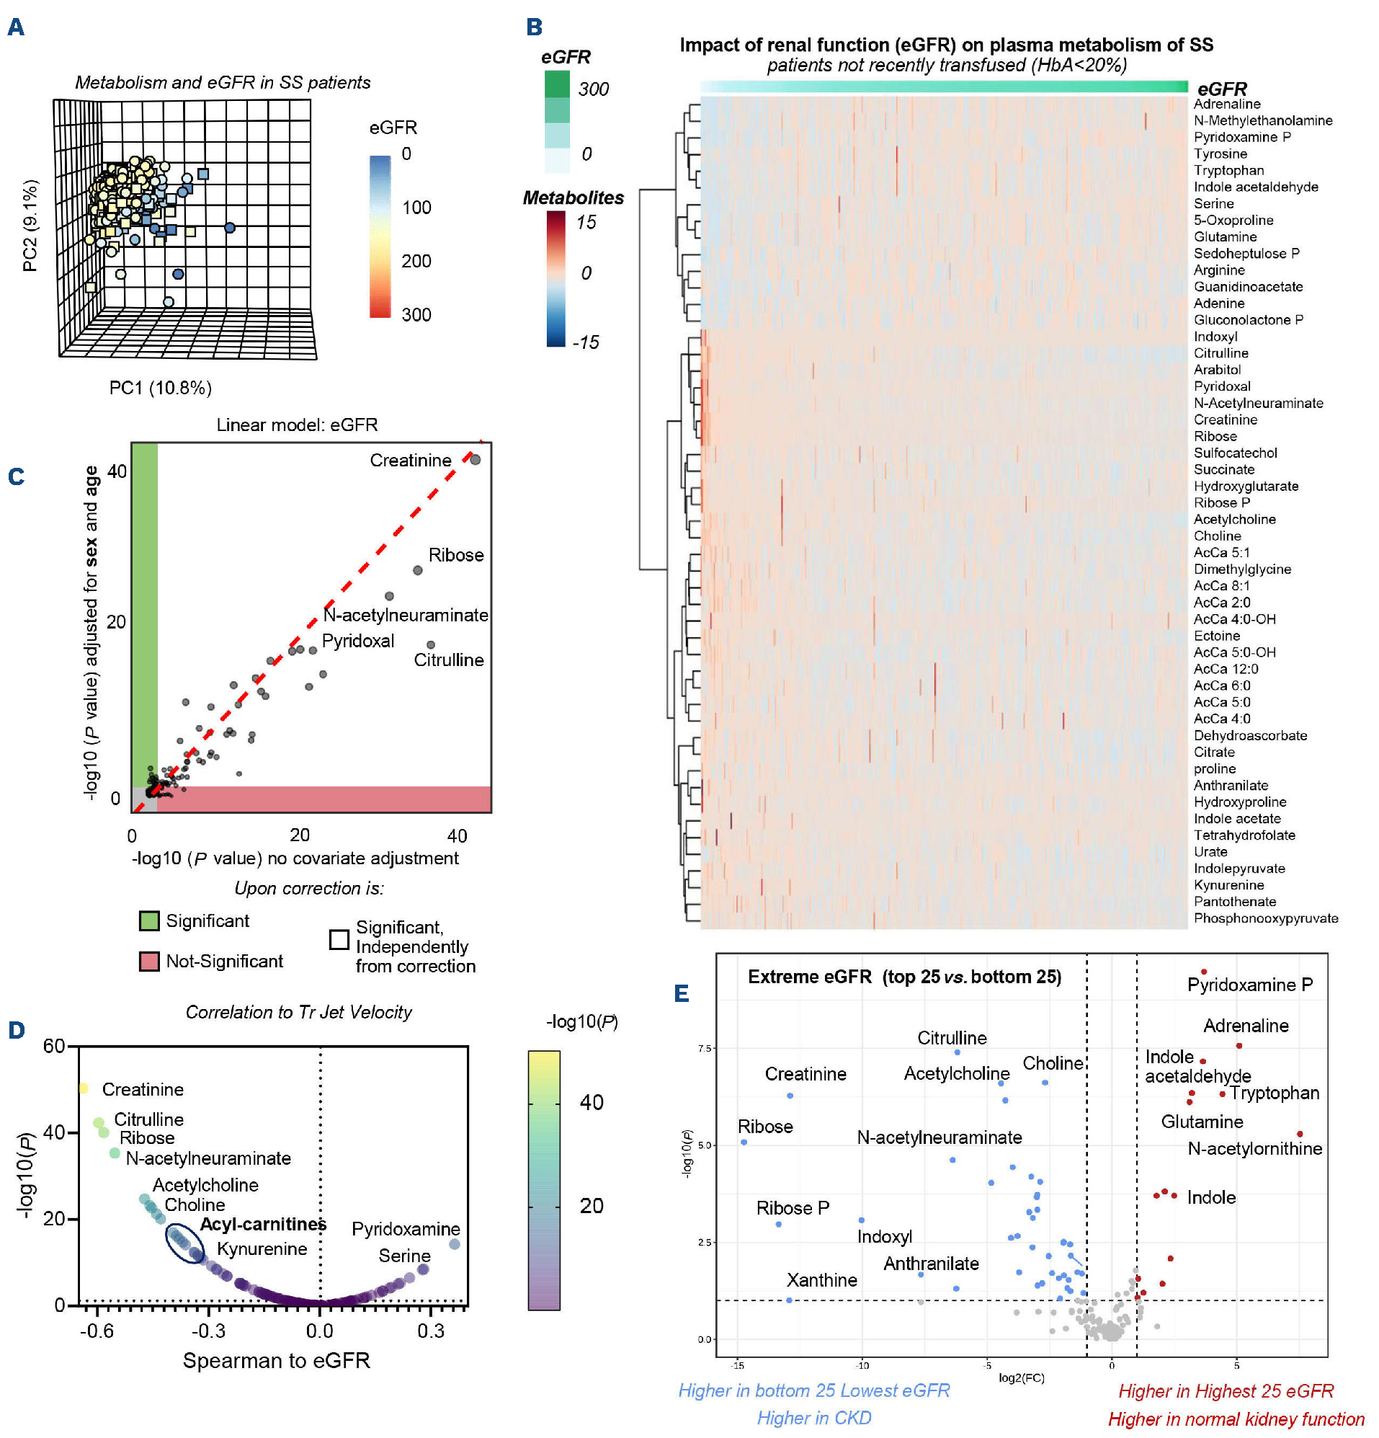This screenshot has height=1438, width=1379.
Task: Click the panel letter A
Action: [x=15, y=27]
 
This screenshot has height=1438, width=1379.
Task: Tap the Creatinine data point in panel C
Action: [x=476, y=459]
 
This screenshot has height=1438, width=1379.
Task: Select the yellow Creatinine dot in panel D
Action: [x=83, y=1088]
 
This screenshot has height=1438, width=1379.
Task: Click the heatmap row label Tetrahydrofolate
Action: [x=1244, y=835]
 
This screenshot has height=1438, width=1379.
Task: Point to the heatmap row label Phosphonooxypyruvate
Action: [x=1265, y=918]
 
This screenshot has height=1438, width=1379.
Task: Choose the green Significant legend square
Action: [x=149, y=920]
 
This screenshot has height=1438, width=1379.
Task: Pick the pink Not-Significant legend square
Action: [x=149, y=961]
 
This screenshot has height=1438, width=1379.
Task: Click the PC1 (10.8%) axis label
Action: [x=160, y=387]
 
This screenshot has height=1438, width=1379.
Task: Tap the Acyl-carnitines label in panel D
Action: [x=262, y=1224]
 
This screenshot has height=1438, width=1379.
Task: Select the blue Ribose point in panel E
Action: [x=744, y=1142]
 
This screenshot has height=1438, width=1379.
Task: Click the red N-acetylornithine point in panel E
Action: [x=1300, y=1135]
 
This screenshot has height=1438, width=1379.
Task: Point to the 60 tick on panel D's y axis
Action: [x=54, y=1045]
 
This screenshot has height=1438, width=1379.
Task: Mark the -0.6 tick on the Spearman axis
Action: [x=97, y=1330]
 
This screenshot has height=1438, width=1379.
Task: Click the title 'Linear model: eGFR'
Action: [x=297, y=425]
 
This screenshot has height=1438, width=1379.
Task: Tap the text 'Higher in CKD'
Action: [x=814, y=1417]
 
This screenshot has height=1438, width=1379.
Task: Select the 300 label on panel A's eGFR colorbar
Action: [x=416, y=315]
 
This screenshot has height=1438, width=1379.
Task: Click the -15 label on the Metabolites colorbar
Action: [x=585, y=342]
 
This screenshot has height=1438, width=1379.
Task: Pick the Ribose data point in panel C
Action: [x=417, y=570]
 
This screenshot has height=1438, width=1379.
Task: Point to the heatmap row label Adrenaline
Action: [x=1226, y=105]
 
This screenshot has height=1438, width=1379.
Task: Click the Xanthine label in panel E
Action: [x=821, y=1280]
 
